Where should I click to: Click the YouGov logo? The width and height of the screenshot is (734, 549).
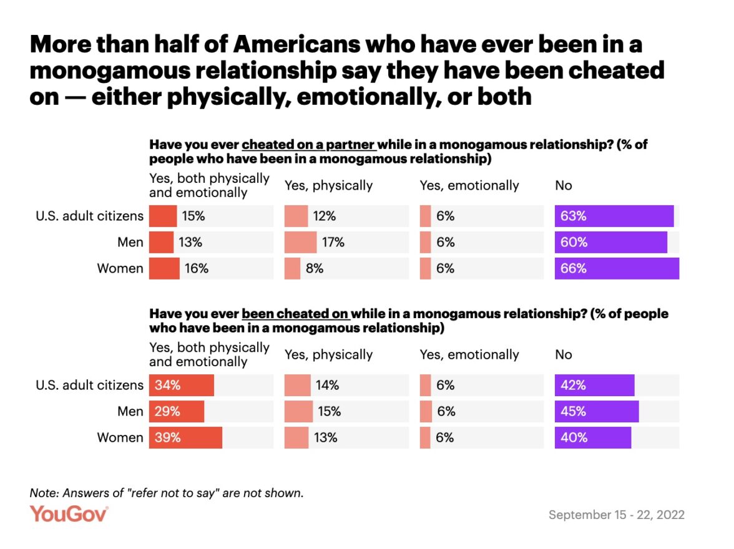point(69,514)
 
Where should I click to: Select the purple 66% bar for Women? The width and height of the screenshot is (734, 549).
point(617,268)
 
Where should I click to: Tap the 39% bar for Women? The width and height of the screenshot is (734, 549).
point(185,437)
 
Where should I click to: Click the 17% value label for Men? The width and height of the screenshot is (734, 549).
point(334,242)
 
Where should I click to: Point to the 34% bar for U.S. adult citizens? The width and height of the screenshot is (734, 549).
point(181,385)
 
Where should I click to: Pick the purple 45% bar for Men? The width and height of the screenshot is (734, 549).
point(597,411)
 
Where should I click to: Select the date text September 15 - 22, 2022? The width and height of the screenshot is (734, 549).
point(616,515)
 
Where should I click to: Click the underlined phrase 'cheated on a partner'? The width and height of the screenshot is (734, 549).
point(308,145)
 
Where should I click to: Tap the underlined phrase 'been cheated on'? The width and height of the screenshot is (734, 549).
point(296,314)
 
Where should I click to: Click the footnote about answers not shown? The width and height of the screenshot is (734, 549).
point(167,493)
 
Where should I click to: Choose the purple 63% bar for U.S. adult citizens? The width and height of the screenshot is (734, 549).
point(614,216)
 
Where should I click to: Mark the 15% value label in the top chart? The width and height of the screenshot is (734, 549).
point(193,216)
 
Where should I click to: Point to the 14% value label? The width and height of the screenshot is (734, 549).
point(328,385)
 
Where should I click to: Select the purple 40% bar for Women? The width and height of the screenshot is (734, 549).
point(593,437)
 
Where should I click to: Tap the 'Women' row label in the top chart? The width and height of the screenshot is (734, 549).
point(120,268)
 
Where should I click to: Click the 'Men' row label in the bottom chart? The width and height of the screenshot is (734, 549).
point(130,411)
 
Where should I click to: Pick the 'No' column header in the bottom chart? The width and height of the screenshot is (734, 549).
point(564,354)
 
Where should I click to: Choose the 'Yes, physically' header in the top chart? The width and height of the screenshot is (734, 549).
point(328,185)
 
